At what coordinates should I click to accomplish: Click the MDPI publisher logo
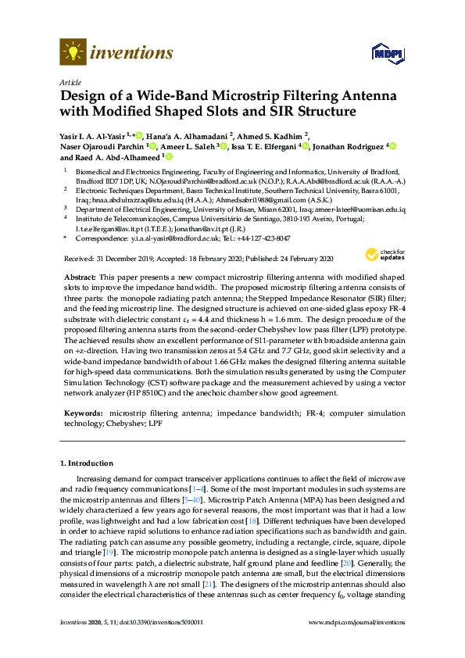(x=384, y=53)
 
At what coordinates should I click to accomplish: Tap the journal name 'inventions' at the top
(x=132, y=52)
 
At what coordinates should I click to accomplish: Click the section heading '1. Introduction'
(x=88, y=463)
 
